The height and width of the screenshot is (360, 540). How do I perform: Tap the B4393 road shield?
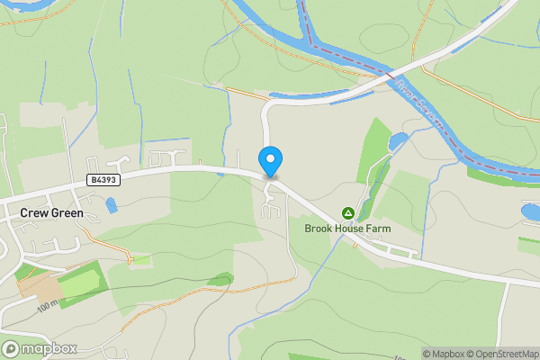click(x=103, y=180)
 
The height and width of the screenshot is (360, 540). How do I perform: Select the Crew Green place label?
click(x=51, y=213)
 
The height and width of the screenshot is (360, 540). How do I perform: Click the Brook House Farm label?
click(x=347, y=229)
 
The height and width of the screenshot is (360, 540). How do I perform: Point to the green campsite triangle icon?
click(x=347, y=213)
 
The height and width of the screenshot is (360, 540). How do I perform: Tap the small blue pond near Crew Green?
click(x=111, y=205)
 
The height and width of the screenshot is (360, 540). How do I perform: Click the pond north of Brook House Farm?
click(x=397, y=141)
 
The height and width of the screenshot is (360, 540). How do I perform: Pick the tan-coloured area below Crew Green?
click(x=39, y=286)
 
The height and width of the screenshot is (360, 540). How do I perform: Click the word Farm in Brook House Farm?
click(x=377, y=229)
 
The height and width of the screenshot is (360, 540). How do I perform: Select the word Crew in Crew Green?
click(x=33, y=213)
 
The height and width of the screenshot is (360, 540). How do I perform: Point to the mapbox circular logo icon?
click(x=11, y=349)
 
